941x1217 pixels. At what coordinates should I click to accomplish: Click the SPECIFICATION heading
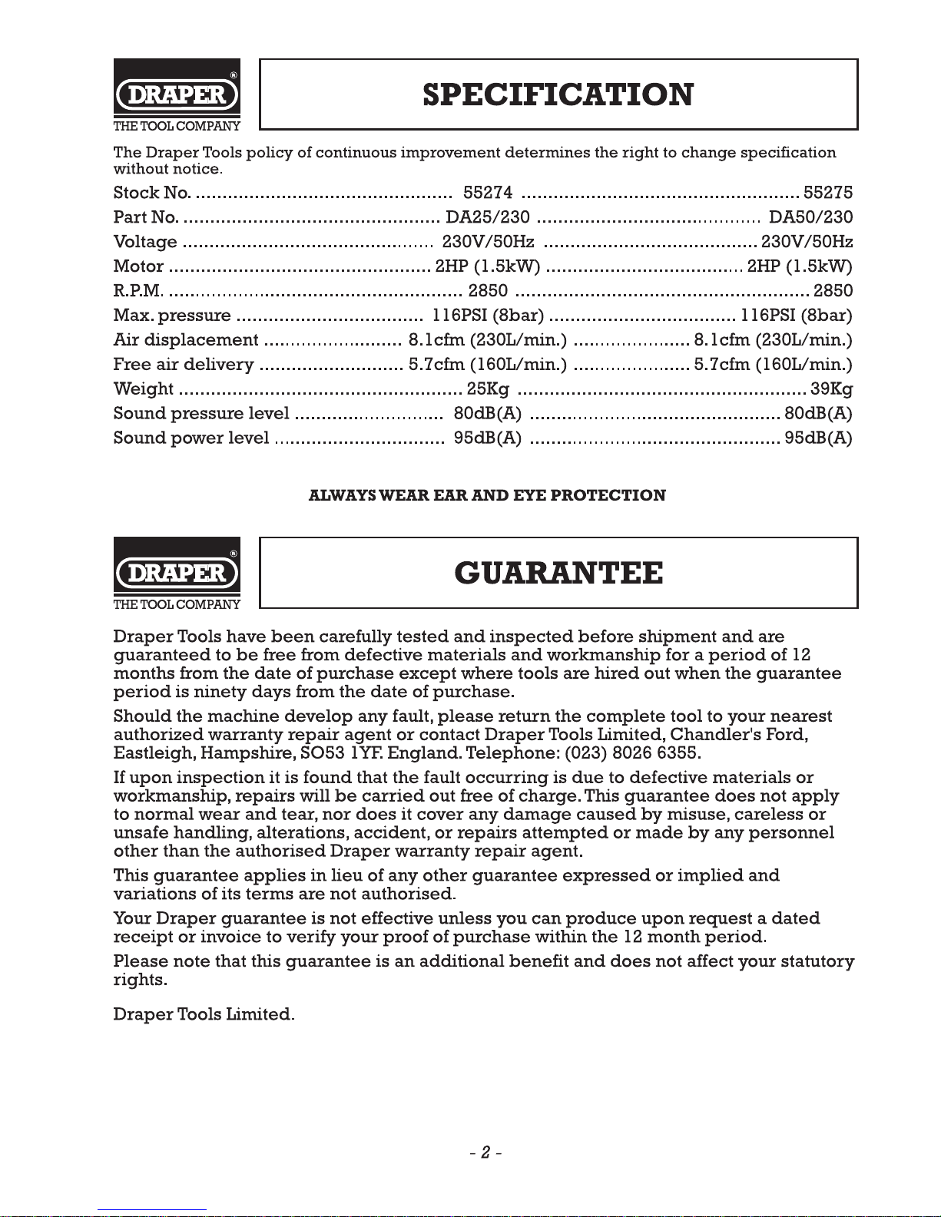coord(558,95)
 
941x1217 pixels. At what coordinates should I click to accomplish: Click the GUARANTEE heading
coord(558,574)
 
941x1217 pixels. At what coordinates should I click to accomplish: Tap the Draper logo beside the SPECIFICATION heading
coord(177,95)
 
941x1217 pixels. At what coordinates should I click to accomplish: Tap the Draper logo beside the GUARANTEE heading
coord(177,574)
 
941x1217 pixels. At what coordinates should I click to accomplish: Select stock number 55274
coord(489,192)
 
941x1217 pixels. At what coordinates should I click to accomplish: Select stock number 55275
coord(827,192)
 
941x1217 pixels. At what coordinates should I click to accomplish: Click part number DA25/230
coord(488,217)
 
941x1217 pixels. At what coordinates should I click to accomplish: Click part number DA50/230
coord(810,217)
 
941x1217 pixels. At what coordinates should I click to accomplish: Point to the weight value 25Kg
coord(488,389)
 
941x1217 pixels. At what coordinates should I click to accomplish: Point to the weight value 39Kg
coord(831,389)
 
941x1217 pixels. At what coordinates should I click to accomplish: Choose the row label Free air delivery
coord(184,365)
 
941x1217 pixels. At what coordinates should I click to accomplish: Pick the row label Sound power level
coord(191,438)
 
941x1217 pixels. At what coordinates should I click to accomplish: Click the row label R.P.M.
coord(138,291)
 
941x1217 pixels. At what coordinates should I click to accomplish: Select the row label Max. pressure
coord(172,316)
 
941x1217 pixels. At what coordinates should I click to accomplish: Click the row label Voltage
coord(145,242)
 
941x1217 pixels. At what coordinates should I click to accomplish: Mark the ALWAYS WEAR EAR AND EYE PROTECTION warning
coord(487,495)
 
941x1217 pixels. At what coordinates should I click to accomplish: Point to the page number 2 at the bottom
coord(486,1153)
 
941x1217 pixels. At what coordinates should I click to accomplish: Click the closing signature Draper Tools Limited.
coord(204,1014)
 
